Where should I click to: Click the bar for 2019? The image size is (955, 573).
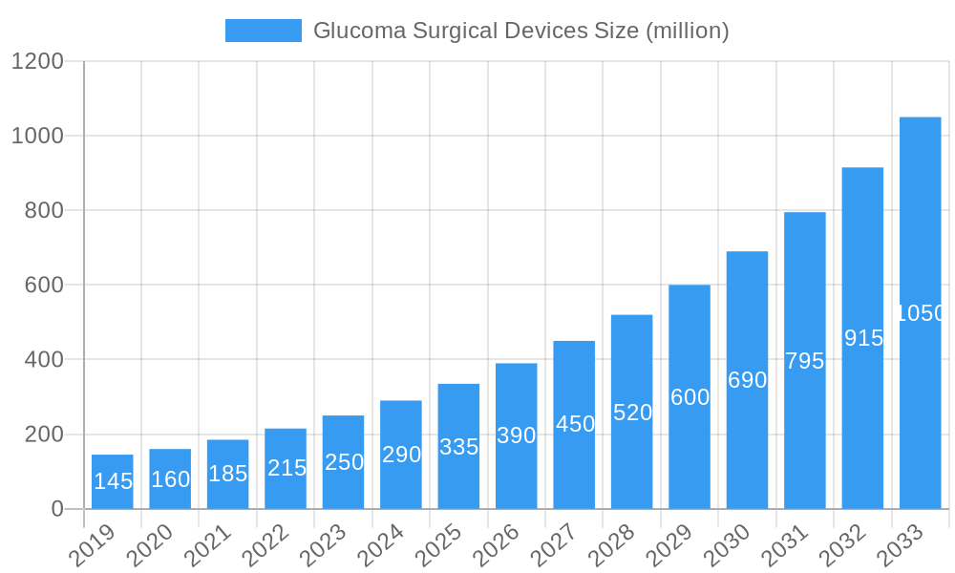point(113,481)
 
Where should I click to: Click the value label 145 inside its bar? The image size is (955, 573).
point(113,481)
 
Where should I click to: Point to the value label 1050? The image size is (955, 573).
point(921,313)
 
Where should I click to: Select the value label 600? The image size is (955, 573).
point(690,397)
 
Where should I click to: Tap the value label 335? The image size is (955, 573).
point(458,447)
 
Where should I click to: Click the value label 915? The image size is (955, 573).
point(863,338)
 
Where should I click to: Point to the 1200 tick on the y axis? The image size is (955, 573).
point(37,62)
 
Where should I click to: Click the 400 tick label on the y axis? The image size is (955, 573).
point(44,360)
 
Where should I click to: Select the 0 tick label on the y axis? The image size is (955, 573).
point(57,509)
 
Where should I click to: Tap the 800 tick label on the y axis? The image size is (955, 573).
point(44,211)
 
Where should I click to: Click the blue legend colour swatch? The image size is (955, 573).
point(263,31)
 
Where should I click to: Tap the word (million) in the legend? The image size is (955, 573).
point(687,32)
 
